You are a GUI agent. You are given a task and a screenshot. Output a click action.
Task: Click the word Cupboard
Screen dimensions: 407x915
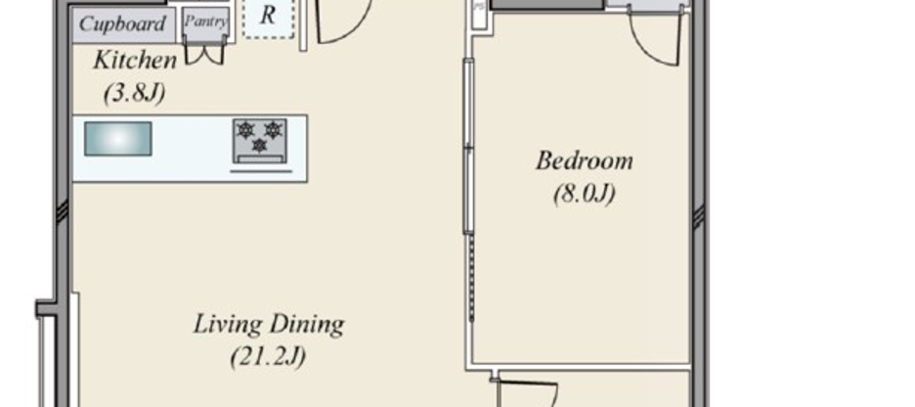(x=122, y=23)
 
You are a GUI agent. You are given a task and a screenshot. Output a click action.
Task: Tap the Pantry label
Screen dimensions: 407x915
(x=205, y=22)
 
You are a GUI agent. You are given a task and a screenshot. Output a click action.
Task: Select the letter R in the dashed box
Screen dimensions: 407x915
(x=266, y=17)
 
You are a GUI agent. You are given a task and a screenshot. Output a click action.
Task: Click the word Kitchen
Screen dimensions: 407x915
(x=135, y=61)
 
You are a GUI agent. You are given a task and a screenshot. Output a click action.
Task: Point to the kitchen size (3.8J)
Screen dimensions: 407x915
(x=134, y=93)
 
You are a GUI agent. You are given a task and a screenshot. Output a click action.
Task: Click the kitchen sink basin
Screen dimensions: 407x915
(x=117, y=138)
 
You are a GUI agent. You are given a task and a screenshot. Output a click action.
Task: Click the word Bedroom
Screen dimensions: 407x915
(x=584, y=160)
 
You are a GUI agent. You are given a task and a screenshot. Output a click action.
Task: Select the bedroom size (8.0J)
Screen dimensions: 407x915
(x=584, y=193)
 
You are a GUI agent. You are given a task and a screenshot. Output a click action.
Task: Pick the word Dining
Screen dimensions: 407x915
(x=308, y=323)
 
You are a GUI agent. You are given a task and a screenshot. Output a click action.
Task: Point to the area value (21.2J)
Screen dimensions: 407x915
(x=268, y=356)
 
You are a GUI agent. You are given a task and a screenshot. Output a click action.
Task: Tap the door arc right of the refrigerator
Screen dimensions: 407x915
(x=342, y=22)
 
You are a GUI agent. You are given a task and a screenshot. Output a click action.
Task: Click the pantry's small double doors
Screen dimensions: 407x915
(x=205, y=53)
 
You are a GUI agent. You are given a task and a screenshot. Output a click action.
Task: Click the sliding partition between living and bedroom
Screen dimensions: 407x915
(x=468, y=147)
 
